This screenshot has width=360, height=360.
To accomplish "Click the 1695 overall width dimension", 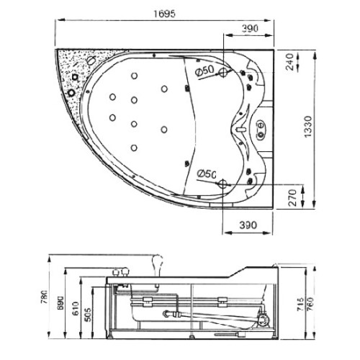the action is (x=164, y=14).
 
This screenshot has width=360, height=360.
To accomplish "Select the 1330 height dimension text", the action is (x=307, y=127).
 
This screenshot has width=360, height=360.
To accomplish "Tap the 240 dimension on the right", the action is (x=290, y=62).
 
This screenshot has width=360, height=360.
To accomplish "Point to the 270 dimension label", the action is (x=292, y=197).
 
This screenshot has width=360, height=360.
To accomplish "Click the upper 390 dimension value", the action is (x=250, y=28).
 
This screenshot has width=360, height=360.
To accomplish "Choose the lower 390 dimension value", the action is (x=248, y=225).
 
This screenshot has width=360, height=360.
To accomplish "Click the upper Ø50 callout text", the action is (x=204, y=71).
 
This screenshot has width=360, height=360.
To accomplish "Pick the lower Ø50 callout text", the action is (x=207, y=174).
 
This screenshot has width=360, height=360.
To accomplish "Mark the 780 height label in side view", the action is (x=45, y=297).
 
